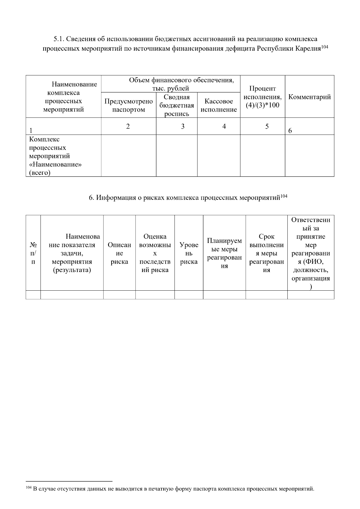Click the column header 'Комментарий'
pyautogui.click(x=309, y=97)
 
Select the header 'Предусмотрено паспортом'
pyautogui.click(x=128, y=105)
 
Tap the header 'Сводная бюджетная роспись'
pyautogui.click(x=177, y=105)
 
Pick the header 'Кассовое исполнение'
pyautogui.click(x=219, y=105)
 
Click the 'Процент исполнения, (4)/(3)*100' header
pyautogui.click(x=262, y=97)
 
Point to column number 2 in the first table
pyautogui.click(x=128, y=126)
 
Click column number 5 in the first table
pyautogui.click(x=267, y=126)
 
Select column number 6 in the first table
pyautogui.click(x=290, y=130)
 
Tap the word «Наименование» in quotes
pyautogui.click(x=56, y=164)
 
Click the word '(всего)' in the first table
pyautogui.click(x=40, y=173)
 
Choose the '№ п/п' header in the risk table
pyautogui.click(x=33, y=253)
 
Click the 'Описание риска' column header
pyautogui.click(x=119, y=253)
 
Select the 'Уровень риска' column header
pyautogui.click(x=189, y=253)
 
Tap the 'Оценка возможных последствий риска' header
pyautogui.click(x=155, y=253)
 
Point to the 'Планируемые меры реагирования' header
pyautogui.click(x=224, y=253)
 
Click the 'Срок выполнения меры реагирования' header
pyautogui.click(x=266, y=253)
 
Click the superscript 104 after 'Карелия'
pyautogui.click(x=325, y=47)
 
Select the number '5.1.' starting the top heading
pyautogui.click(x=58, y=39)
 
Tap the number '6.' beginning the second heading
pyautogui.click(x=91, y=198)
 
